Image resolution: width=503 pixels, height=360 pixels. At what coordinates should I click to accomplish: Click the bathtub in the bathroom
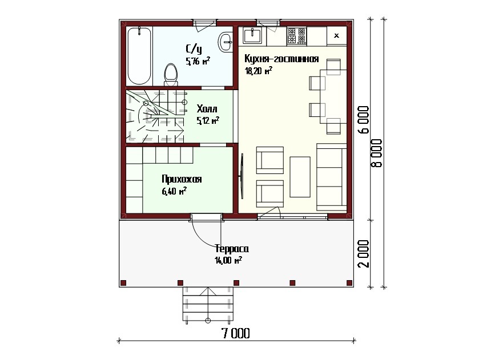[139, 56]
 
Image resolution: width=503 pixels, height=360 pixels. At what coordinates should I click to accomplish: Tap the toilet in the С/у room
[171, 75]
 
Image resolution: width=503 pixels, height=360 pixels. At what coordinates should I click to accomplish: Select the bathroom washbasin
[226, 42]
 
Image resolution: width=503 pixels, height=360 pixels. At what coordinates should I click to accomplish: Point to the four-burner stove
[297, 35]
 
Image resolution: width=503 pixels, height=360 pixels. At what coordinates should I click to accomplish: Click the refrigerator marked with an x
[336, 35]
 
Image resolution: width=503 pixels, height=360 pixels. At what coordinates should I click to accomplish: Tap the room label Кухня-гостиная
[281, 59]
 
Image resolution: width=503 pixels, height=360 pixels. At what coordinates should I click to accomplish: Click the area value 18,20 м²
[259, 71]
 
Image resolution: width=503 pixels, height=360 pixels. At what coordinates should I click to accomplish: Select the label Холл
[207, 108]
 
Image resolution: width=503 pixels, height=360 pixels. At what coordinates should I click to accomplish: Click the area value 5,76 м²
[198, 61]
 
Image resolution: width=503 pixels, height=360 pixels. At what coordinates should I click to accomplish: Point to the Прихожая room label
[182, 179]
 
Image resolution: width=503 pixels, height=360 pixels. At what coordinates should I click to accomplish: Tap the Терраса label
[232, 249]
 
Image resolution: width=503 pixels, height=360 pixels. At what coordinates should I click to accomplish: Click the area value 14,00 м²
[228, 260]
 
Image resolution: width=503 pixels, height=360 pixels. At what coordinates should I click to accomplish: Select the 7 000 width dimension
[236, 334]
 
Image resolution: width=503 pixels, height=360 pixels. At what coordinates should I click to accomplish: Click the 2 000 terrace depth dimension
[364, 253]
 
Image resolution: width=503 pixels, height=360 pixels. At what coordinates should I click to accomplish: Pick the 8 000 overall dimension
[377, 153]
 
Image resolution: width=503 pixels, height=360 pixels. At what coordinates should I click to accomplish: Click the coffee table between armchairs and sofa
[300, 177]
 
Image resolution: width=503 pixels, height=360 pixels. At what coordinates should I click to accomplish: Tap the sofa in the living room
[332, 177]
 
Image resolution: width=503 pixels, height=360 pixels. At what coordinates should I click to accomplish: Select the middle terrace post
[236, 283]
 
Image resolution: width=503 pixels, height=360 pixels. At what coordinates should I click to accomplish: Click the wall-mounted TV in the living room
[242, 176]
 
